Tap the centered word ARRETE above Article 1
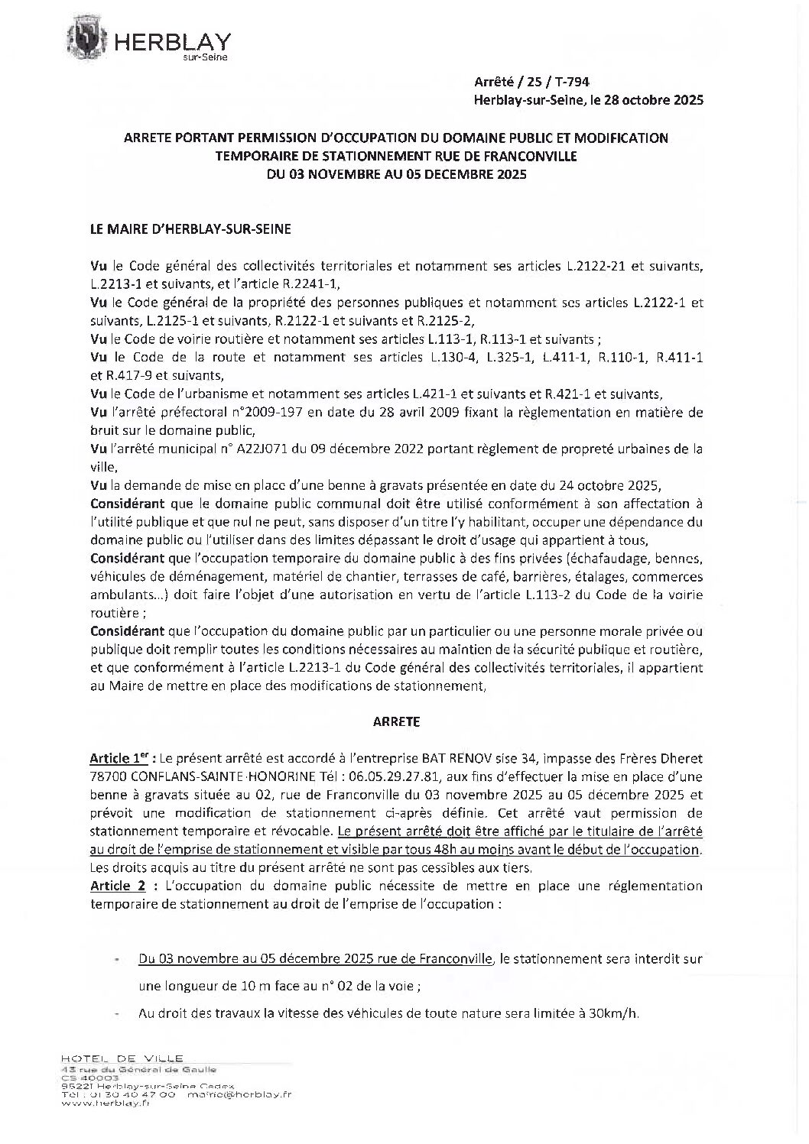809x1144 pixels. click(396, 721)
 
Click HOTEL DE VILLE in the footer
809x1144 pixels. click(122, 1058)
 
